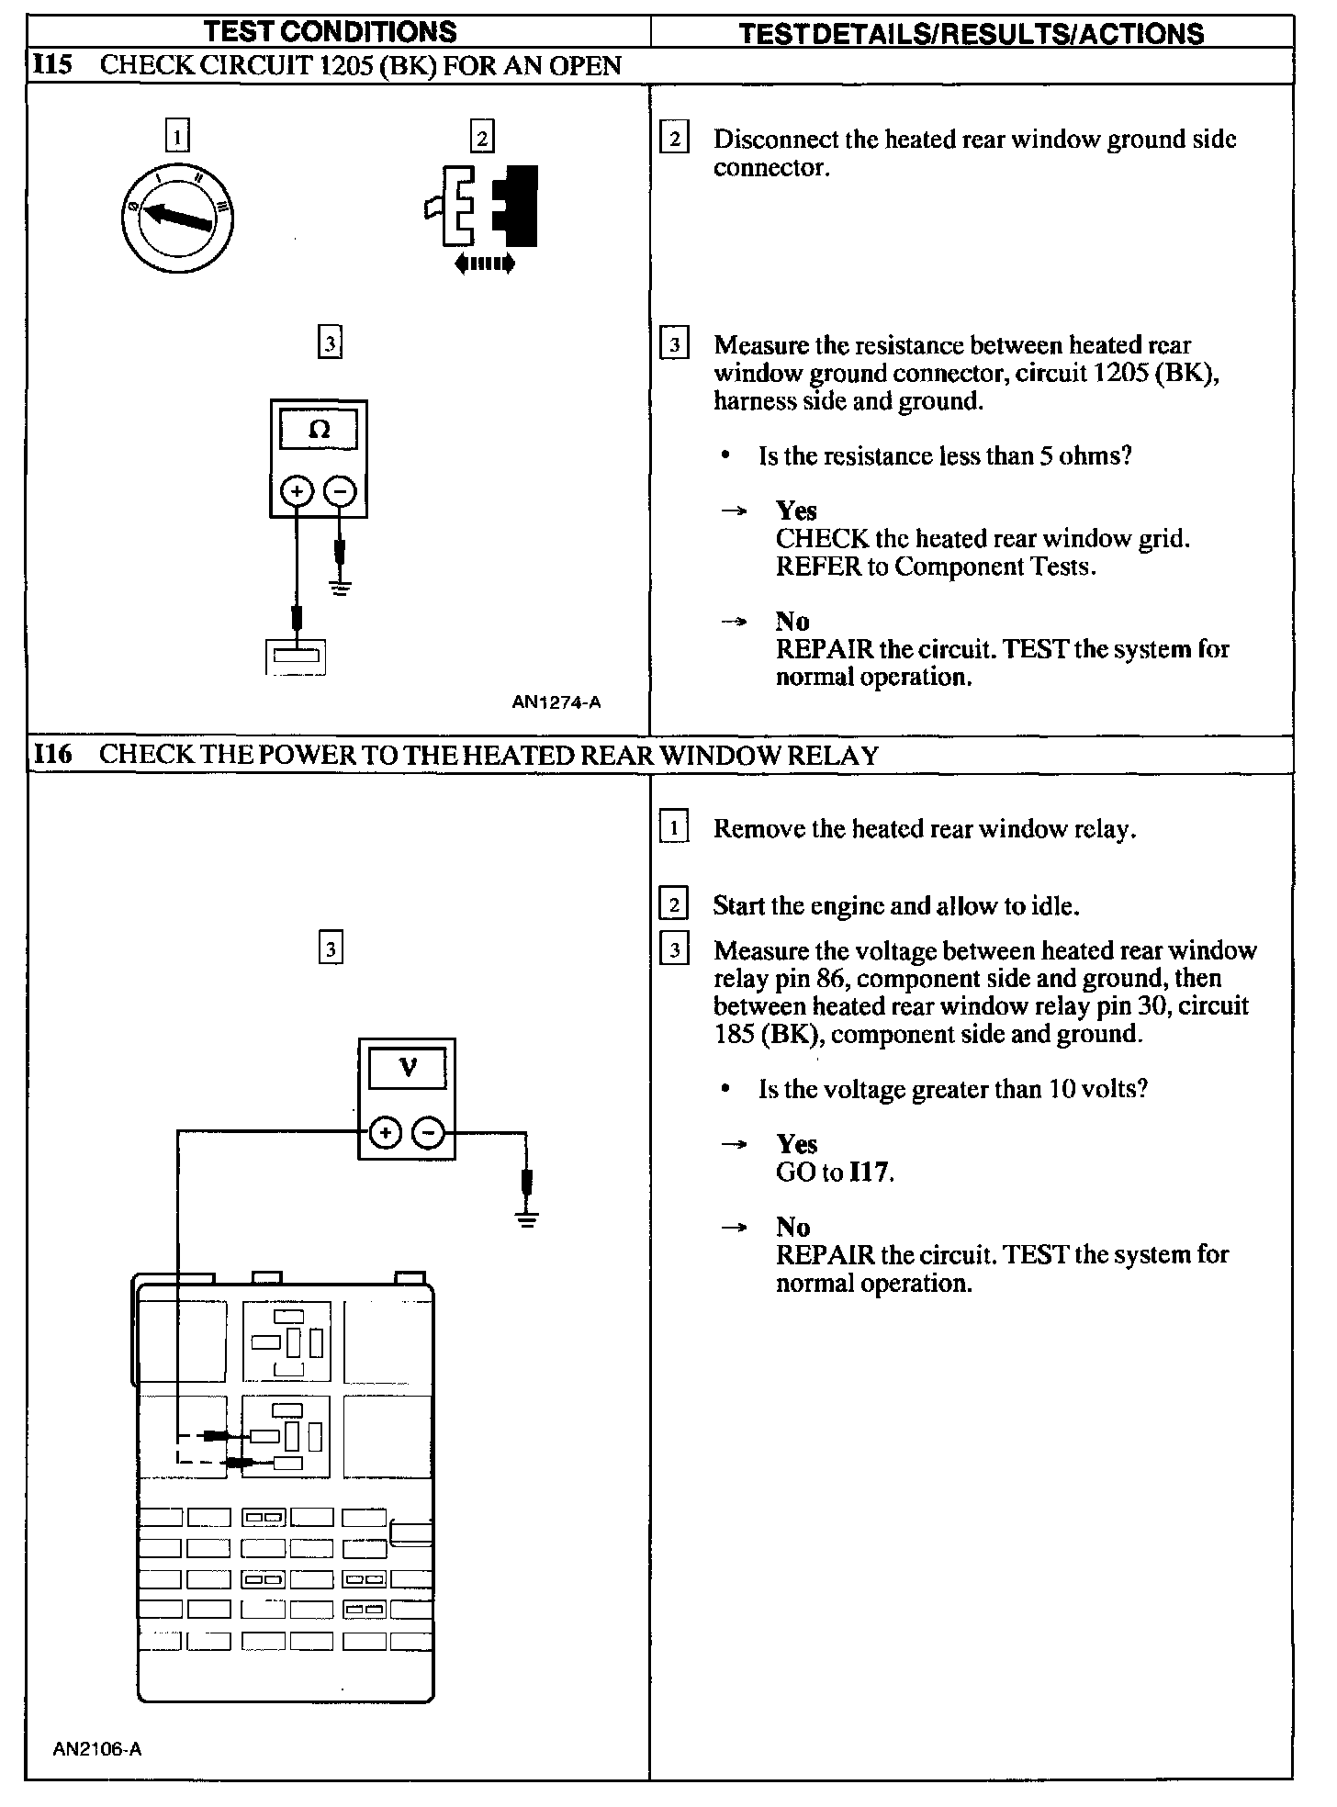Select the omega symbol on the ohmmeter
(x=319, y=429)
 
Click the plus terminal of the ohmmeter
(x=297, y=491)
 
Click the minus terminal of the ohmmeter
(x=341, y=491)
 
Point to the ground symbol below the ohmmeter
(x=341, y=587)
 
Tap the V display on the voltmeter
(x=408, y=1067)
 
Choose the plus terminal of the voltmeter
(x=385, y=1133)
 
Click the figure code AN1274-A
(x=556, y=703)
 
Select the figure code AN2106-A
(x=97, y=1749)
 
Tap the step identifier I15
(x=52, y=66)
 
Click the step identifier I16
(x=52, y=755)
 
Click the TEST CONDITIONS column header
(x=331, y=32)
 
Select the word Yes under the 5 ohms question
(x=796, y=511)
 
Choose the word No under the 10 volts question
(x=793, y=1228)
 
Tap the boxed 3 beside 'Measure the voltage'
(x=674, y=950)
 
